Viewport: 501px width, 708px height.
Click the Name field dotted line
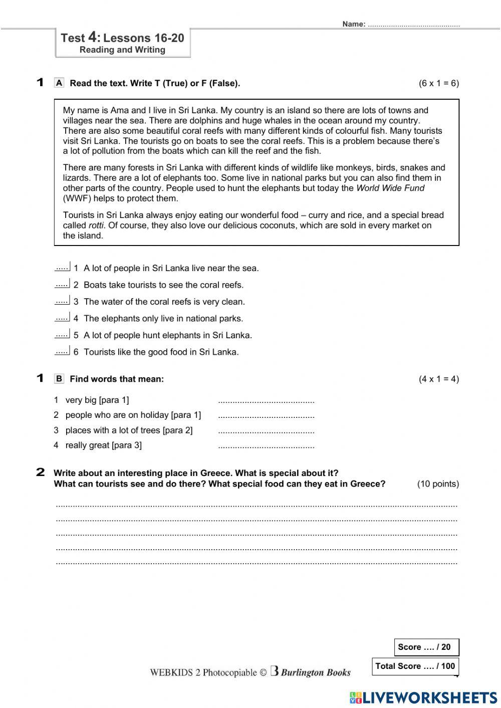click(413, 25)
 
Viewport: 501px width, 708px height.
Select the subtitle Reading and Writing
click(122, 50)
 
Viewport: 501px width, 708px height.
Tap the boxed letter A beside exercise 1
click(59, 83)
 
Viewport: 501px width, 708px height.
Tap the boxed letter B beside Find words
click(59, 379)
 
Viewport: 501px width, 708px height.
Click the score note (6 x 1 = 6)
click(438, 83)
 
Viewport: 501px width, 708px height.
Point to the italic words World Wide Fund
click(390, 188)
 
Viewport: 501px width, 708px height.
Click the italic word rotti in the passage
click(96, 225)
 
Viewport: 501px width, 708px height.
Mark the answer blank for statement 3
click(63, 301)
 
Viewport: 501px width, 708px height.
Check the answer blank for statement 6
click(63, 351)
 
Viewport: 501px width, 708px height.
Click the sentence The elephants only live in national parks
click(163, 319)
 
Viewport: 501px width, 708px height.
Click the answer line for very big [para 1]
click(266, 401)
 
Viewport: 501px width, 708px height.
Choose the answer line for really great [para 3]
click(266, 446)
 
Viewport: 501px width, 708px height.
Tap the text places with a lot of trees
click(129, 430)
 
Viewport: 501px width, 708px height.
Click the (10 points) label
click(437, 484)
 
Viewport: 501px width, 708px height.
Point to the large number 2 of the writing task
click(41, 473)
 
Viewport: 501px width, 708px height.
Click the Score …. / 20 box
click(427, 647)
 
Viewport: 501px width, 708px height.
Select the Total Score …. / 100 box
click(415, 666)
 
